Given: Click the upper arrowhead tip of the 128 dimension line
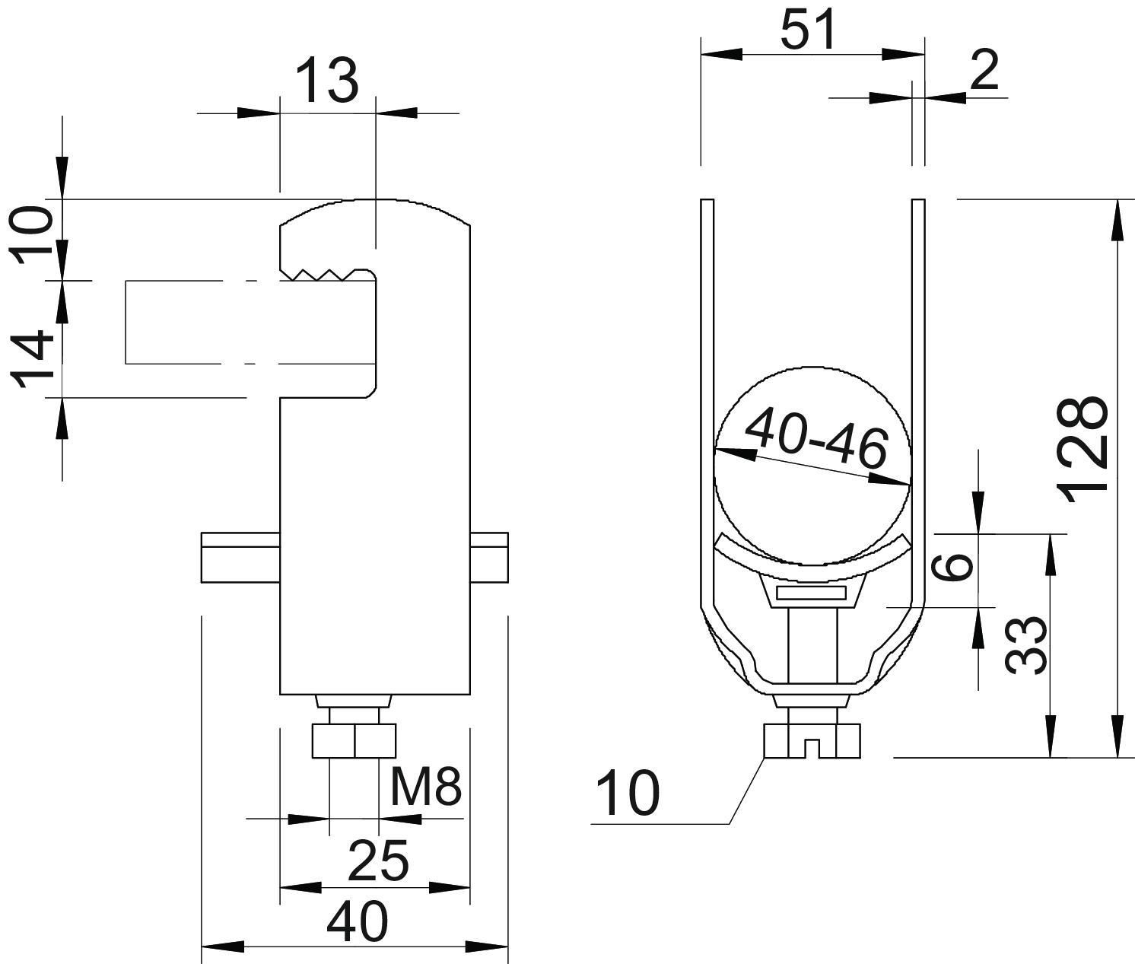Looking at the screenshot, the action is (x=1116, y=200).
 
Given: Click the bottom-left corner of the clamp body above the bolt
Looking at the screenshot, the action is (x=280, y=695).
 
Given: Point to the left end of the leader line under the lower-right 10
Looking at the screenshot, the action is (x=591, y=824).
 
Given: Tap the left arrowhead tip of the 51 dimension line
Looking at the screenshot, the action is (x=701, y=54).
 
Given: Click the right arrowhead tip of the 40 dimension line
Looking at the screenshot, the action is (x=508, y=947).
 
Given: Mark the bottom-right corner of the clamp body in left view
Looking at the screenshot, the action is (x=470, y=695).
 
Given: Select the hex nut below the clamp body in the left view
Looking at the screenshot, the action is (x=354, y=741).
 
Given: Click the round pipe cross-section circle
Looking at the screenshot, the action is (x=812, y=466).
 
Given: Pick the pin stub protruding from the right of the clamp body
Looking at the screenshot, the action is (x=489, y=557).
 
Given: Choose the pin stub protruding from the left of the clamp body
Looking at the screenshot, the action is (x=240, y=557).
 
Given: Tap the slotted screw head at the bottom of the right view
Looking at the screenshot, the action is (x=812, y=741).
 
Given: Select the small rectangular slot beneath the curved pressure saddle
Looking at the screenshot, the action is (x=811, y=593).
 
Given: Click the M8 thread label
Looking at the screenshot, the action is (x=426, y=787).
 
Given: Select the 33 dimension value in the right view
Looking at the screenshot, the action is (x=1025, y=645).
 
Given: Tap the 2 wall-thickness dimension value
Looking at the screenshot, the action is (x=984, y=70).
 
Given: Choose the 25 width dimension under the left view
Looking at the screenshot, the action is (x=378, y=861).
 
